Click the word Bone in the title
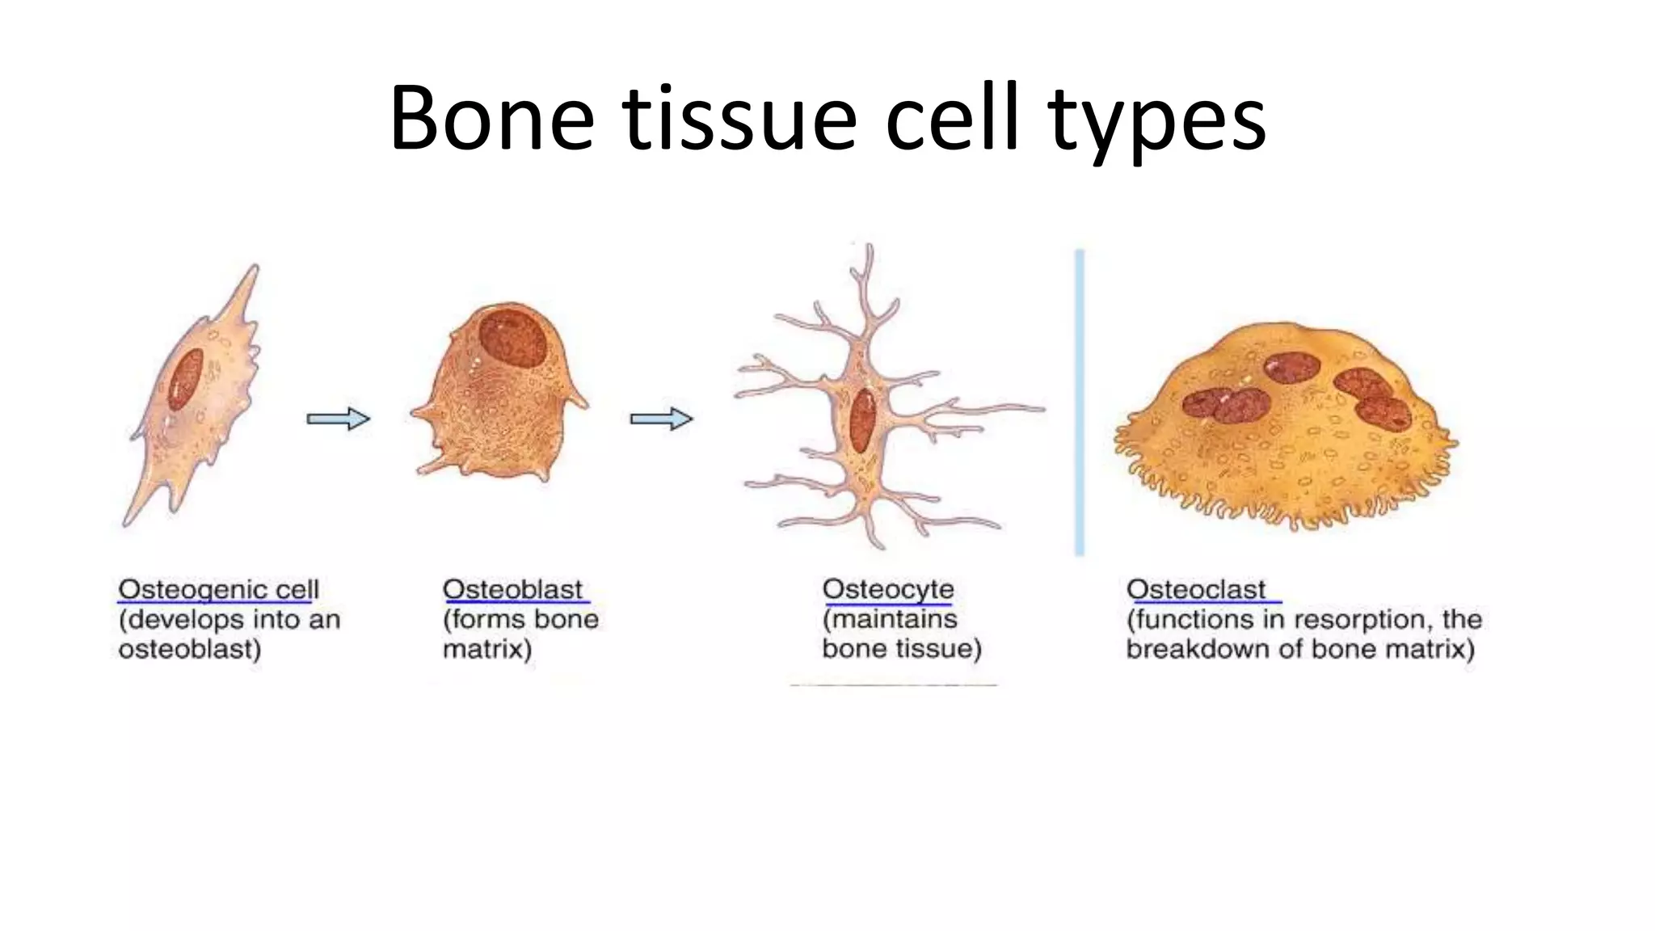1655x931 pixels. pyautogui.click(x=491, y=120)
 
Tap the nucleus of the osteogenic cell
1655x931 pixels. pyautogui.click(x=185, y=380)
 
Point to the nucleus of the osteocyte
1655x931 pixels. pyautogui.click(x=862, y=419)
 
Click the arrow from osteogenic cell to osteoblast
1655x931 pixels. pyautogui.click(x=338, y=419)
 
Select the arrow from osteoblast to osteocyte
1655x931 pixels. pyautogui.click(x=661, y=419)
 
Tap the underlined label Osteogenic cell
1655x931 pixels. pyautogui.click(x=218, y=589)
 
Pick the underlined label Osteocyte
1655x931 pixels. pyautogui.click(x=887, y=589)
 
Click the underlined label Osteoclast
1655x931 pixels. pyautogui.click(x=1196, y=589)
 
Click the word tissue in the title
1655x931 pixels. pyautogui.click(x=739, y=120)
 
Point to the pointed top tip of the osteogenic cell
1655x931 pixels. pyautogui.click(x=256, y=267)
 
